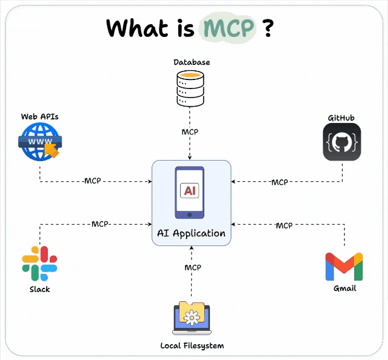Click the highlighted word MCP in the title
227,28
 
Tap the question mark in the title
267,28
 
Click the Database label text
191,62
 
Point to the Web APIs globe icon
39,143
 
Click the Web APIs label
39,116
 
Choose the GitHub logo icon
342,142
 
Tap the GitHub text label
341,118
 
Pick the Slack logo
39,263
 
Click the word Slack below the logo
39,289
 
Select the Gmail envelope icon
344,267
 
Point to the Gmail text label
344,288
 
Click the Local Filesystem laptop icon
192,319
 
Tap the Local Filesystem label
192,345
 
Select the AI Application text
191,233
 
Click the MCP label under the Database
190,132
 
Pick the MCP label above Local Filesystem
192,267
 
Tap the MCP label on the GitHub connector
279,182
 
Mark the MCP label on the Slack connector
99,224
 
